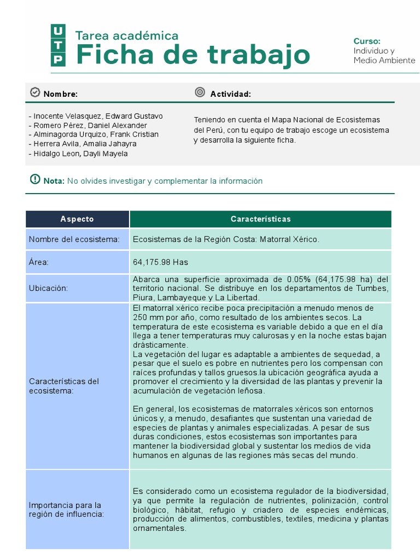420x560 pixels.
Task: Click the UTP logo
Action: [58, 45]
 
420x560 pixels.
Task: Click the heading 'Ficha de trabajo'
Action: [192, 55]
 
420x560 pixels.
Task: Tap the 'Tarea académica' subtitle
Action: [127, 36]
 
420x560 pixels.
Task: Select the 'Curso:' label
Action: [366, 41]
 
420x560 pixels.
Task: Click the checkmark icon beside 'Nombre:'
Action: [35, 93]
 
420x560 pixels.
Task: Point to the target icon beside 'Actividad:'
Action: [200, 93]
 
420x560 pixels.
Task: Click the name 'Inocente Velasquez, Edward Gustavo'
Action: [96, 116]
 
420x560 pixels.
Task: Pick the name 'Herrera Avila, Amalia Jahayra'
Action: [83, 144]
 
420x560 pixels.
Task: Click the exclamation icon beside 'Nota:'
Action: [35, 179]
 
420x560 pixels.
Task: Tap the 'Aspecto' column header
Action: [77, 219]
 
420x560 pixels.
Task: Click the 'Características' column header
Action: [260, 219]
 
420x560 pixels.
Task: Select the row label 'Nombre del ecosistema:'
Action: [74, 240]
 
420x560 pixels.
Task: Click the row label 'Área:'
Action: [39, 262]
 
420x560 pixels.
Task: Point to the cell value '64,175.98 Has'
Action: [160, 262]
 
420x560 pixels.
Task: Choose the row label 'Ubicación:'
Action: [49, 288]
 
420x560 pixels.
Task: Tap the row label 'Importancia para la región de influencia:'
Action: [65, 509]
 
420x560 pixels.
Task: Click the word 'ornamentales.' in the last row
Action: [160, 528]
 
